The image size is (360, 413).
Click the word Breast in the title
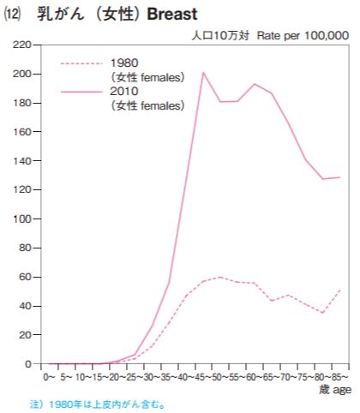172,14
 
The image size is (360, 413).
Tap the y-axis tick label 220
21,45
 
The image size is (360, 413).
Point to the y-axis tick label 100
22,219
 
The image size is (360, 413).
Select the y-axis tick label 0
28,364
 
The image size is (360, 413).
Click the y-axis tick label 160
22,132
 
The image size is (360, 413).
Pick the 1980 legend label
124,63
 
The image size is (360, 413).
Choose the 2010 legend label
124,92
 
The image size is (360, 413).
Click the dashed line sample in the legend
81,63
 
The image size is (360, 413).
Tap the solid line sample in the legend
81,92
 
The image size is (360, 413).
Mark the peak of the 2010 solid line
203,72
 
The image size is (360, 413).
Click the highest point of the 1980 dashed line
220,277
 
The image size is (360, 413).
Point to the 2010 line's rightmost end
340,177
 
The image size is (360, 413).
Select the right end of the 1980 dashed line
340,290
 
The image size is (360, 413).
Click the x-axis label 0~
49,377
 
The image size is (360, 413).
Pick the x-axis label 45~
203,377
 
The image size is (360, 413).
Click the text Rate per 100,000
303,36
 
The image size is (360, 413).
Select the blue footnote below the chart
98,404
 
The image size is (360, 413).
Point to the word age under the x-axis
342,390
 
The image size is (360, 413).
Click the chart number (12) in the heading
12,15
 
